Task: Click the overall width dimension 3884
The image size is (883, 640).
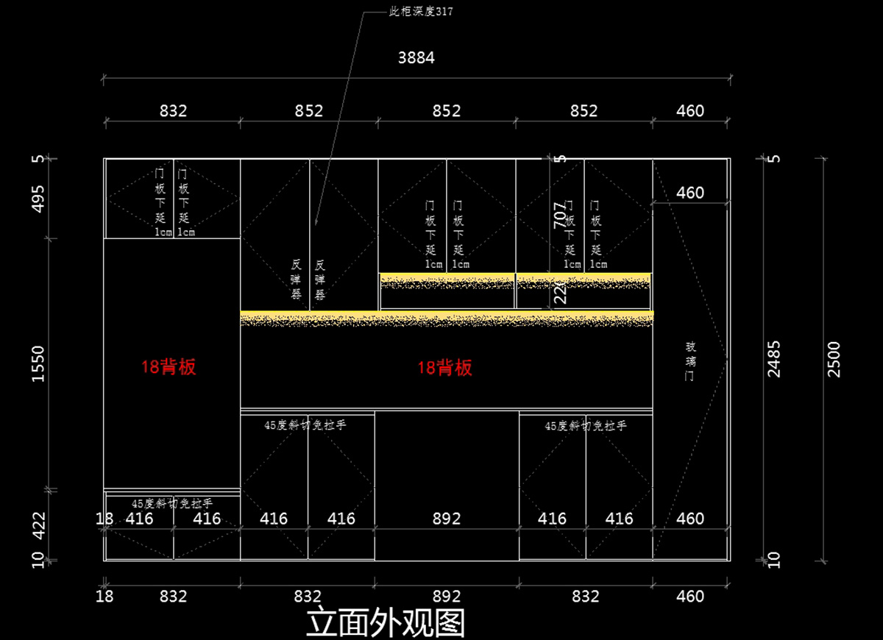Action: click(416, 57)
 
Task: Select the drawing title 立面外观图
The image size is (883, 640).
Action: click(386, 622)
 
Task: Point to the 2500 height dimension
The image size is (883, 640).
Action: click(833, 359)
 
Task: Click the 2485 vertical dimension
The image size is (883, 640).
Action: click(774, 359)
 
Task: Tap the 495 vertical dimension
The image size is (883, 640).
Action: click(39, 199)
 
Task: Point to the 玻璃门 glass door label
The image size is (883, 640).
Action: click(690, 360)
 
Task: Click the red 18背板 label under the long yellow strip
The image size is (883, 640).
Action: click(445, 368)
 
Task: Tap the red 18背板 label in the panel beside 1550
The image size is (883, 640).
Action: click(169, 367)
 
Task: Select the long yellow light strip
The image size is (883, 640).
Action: click(447, 319)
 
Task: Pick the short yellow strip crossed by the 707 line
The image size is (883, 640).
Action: click(584, 280)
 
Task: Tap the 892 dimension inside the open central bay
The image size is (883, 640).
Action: click(447, 519)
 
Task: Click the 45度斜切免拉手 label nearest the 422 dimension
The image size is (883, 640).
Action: click(172, 503)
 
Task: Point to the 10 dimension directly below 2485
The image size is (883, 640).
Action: click(774, 558)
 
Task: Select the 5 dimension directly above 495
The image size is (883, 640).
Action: click(39, 159)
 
